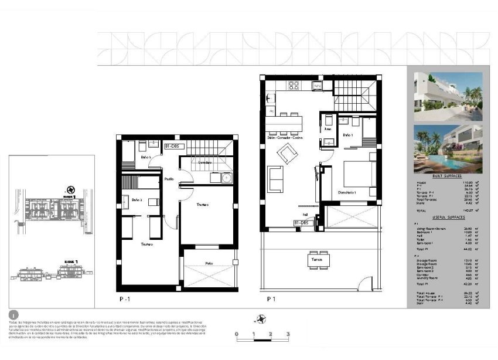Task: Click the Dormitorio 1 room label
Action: pos(348,192)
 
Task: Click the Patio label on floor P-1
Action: pos(209,263)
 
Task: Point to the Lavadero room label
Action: pos(204,161)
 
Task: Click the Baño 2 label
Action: pos(137,200)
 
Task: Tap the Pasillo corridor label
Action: pos(169,179)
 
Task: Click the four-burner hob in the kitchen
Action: pos(294,86)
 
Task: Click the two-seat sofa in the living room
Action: pos(275,179)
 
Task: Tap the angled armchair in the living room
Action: pos(287,154)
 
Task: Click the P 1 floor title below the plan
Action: pos(271,298)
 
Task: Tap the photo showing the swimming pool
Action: pos(448,148)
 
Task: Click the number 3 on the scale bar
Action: pos(288,334)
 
